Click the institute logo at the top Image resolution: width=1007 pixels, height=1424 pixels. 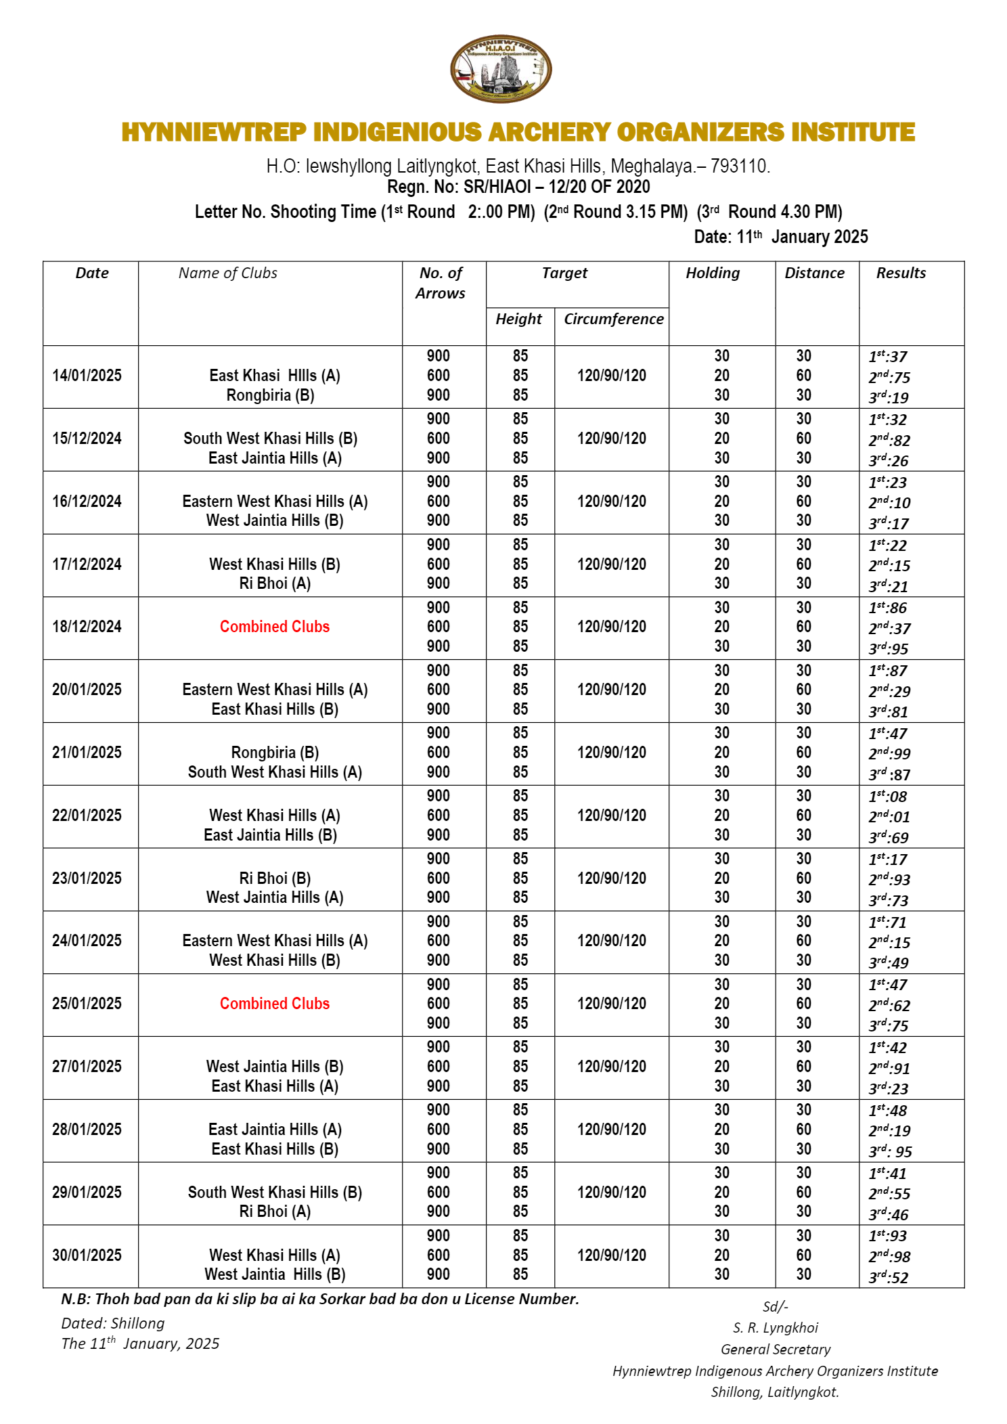(x=501, y=69)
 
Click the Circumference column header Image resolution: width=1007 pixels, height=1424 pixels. (x=613, y=319)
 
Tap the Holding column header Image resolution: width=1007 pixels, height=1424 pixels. (x=713, y=273)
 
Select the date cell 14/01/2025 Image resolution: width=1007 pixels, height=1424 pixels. (x=87, y=376)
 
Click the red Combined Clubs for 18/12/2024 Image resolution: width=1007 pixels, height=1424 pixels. (x=275, y=627)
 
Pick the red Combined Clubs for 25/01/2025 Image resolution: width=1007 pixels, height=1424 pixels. (x=275, y=1004)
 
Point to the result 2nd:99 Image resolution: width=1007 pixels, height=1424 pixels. (x=890, y=753)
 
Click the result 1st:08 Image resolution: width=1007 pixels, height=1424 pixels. (x=888, y=797)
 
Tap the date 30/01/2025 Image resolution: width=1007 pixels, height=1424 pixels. (x=87, y=1255)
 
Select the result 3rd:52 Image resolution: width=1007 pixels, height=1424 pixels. (x=889, y=1277)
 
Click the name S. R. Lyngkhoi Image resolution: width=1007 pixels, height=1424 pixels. (x=776, y=1328)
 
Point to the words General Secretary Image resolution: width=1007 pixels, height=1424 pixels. (x=776, y=1350)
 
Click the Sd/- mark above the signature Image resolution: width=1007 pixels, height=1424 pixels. (x=776, y=1307)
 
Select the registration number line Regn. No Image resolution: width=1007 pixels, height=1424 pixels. (x=518, y=187)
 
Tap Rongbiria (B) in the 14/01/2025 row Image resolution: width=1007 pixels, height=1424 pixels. (x=270, y=395)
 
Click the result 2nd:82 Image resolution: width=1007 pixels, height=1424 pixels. (x=890, y=441)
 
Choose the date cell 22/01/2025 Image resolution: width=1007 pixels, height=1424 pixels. (x=87, y=816)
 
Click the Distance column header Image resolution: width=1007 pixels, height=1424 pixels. (x=815, y=273)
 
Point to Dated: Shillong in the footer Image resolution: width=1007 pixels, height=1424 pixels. (x=113, y=1323)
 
